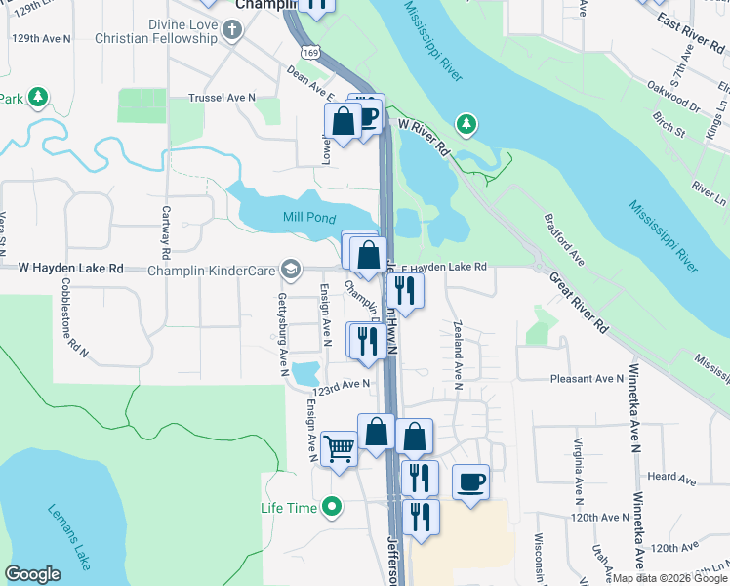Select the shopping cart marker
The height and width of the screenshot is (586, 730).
click(339, 450)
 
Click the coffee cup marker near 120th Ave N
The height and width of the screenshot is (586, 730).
click(471, 482)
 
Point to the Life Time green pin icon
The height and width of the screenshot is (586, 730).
click(333, 508)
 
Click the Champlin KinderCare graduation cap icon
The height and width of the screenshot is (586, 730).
click(290, 268)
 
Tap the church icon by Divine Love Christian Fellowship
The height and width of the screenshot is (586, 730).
click(232, 30)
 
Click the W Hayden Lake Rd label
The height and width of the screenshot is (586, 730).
click(72, 267)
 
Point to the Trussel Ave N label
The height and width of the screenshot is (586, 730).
click(222, 98)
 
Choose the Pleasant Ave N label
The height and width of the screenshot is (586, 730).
click(586, 378)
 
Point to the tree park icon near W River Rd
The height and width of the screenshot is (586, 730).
click(467, 123)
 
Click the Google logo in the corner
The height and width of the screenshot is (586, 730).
click(32, 574)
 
